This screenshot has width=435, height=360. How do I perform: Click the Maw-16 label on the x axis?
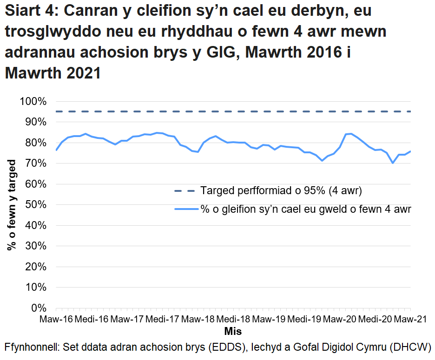(x=56, y=320)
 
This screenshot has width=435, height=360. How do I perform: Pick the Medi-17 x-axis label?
(x=162, y=320)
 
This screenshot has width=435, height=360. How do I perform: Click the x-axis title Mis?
(x=233, y=332)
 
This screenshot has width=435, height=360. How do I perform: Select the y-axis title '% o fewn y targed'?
(x=12, y=205)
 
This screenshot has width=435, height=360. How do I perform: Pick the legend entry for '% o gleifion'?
(x=306, y=209)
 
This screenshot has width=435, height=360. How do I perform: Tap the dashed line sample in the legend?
(x=185, y=190)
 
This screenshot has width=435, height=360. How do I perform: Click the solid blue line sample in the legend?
(x=185, y=209)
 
